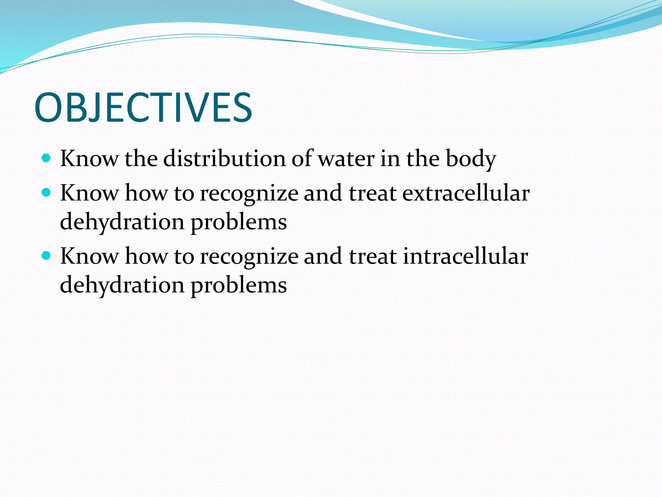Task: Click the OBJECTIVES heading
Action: pyautogui.click(x=143, y=107)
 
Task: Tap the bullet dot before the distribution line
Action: pyautogui.click(x=47, y=158)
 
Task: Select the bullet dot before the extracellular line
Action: pyautogui.click(x=47, y=193)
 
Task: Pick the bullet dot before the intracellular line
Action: pyautogui.click(x=47, y=256)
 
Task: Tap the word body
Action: pyautogui.click(x=471, y=159)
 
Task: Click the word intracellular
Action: pyautogui.click(x=465, y=256)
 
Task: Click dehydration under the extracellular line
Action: pyautogui.click(x=122, y=223)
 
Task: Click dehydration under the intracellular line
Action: pyautogui.click(x=122, y=286)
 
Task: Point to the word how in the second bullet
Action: pyautogui.click(x=146, y=193)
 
